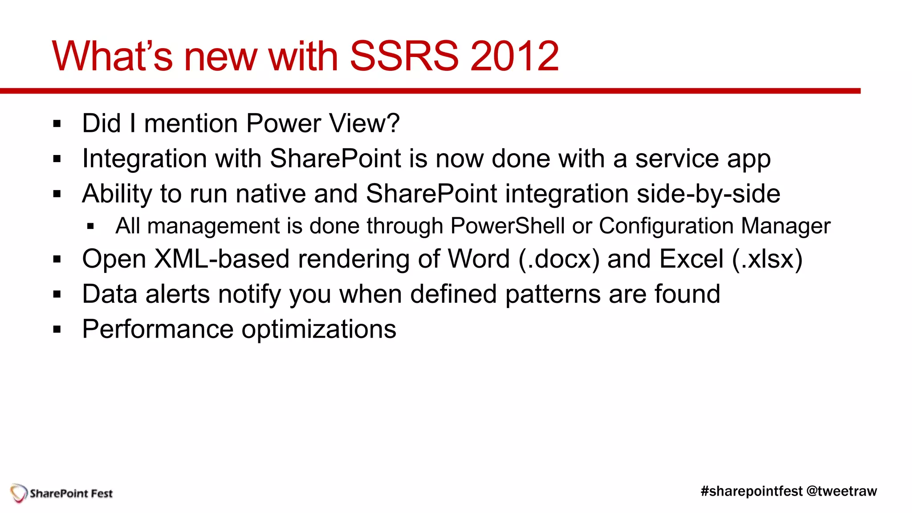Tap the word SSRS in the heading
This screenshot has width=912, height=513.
(x=404, y=57)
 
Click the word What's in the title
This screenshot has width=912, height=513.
(x=112, y=57)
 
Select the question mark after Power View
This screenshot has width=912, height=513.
(x=393, y=123)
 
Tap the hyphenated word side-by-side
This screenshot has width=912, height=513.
(x=708, y=194)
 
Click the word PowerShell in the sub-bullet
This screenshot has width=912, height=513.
(x=508, y=226)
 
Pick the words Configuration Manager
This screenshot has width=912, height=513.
(x=714, y=226)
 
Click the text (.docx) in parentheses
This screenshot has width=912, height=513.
(x=559, y=259)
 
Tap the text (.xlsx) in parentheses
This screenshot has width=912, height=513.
(x=767, y=259)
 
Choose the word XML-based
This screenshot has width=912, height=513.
(x=221, y=259)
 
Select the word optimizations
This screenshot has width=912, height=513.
(x=319, y=330)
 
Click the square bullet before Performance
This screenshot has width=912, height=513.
(x=57, y=330)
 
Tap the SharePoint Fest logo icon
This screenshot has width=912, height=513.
(x=19, y=493)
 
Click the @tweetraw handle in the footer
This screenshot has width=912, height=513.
(x=841, y=491)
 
